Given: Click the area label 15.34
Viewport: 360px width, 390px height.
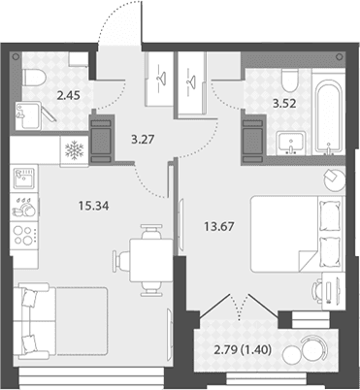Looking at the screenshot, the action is coord(94,206).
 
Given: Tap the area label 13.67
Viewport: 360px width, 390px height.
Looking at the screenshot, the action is coord(218,226).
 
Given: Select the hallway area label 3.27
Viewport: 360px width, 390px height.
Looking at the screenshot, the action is coord(143,140).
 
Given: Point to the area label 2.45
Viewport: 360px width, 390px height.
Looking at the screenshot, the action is coord(68,96).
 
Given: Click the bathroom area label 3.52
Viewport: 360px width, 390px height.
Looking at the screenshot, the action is coord(284,104).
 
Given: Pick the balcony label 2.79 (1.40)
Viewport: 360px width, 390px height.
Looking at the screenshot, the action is coord(243,349).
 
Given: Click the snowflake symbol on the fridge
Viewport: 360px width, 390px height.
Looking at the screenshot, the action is coord(75,150).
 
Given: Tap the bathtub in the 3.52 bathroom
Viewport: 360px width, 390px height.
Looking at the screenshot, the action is coord(328,115).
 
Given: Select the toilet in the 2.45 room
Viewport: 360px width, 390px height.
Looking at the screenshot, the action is coord(34,78).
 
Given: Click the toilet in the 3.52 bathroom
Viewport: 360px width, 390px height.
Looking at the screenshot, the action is coord(290,80).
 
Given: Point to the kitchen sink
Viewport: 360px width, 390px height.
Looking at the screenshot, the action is coord(23,178).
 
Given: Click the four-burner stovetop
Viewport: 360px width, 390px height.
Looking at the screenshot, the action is coord(24,236).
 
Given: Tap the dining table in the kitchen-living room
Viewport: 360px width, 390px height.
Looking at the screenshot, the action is coord(151,260).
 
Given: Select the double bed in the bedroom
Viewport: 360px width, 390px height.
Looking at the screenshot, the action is coord(296,234).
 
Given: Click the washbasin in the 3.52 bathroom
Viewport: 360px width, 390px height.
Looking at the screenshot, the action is coord(291,142).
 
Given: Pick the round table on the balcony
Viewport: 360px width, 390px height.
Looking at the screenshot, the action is coord(293,355).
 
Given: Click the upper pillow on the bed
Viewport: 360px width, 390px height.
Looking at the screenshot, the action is coord(330,215).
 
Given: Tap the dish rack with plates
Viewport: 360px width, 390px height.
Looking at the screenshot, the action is coord(23,208).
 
